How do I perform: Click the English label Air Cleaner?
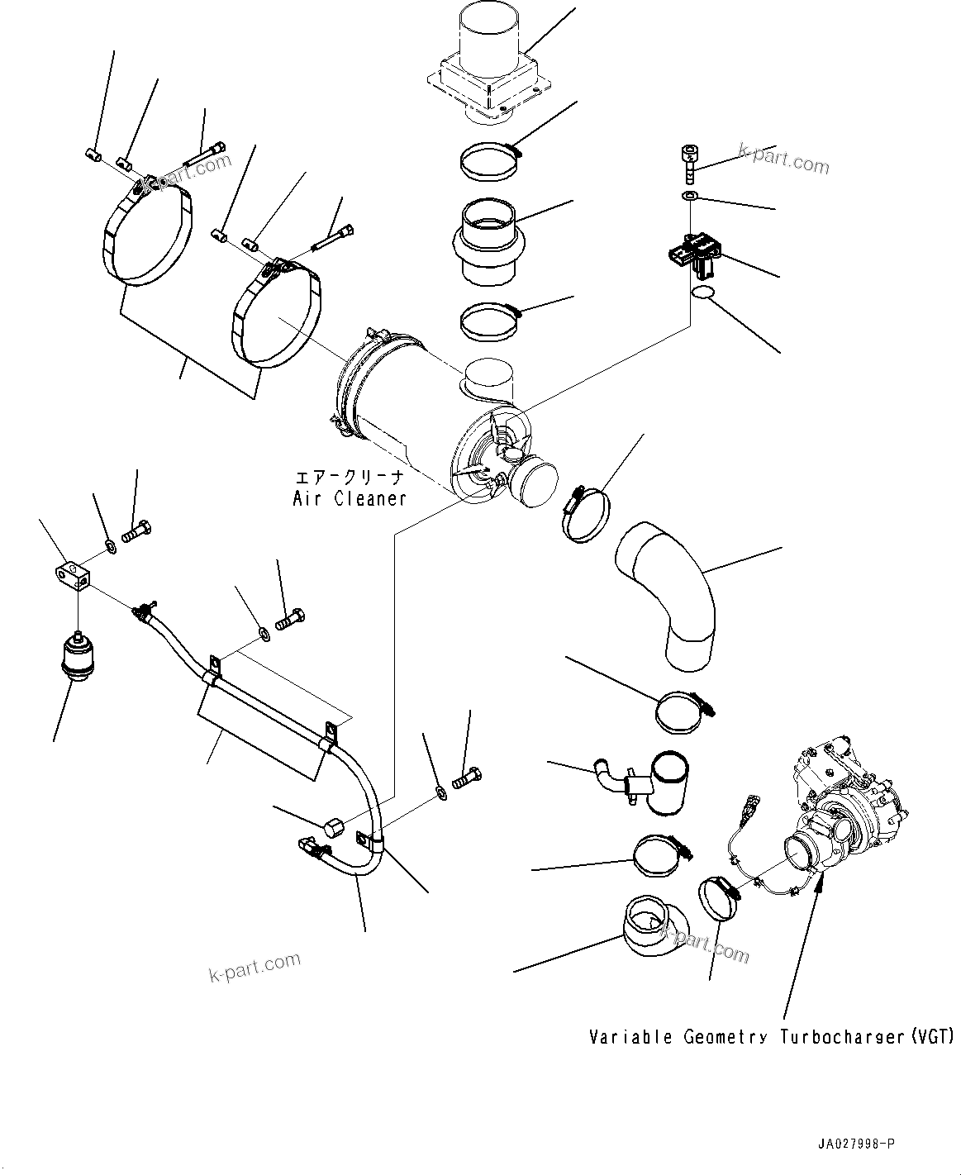(x=350, y=498)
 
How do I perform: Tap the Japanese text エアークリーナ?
(x=350, y=478)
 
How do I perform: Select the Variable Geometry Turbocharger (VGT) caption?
(x=771, y=1036)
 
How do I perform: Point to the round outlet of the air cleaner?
(x=534, y=488)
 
